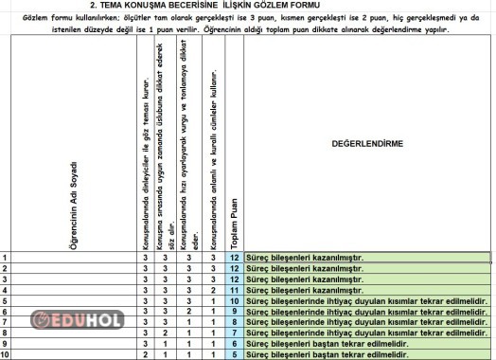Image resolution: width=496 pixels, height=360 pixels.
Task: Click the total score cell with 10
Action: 235,300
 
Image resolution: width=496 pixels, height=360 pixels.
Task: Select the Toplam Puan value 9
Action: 235,312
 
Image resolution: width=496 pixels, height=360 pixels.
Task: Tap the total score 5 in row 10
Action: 235,354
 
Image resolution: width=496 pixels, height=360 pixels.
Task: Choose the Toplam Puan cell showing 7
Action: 235,333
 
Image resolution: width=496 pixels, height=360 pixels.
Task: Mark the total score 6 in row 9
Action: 235,344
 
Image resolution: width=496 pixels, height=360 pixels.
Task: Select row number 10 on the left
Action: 7,354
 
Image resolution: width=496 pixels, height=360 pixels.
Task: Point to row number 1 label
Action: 6,258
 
